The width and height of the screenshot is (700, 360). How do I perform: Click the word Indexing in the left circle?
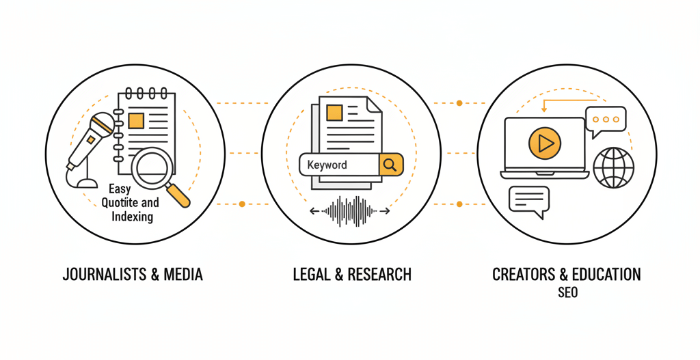click(x=132, y=217)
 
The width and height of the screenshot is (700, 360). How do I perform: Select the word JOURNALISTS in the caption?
click(x=101, y=275)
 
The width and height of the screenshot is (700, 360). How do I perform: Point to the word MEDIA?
click(x=183, y=275)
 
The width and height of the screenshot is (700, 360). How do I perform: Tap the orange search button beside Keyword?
click(x=390, y=164)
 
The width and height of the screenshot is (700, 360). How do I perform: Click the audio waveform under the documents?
click(x=349, y=211)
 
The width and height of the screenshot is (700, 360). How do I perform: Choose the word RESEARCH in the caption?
click(x=379, y=275)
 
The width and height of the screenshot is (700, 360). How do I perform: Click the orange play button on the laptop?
click(x=544, y=143)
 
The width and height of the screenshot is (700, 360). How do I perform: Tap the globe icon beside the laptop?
click(x=613, y=167)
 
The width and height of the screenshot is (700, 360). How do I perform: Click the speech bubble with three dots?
click(x=606, y=120)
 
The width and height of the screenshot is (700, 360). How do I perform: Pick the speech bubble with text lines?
click(x=529, y=201)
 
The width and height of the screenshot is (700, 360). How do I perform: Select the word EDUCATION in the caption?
click(x=607, y=275)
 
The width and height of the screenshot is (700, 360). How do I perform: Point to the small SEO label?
click(x=567, y=292)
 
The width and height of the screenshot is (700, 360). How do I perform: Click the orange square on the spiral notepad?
click(x=136, y=121)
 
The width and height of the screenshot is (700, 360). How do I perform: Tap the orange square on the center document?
click(x=335, y=112)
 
